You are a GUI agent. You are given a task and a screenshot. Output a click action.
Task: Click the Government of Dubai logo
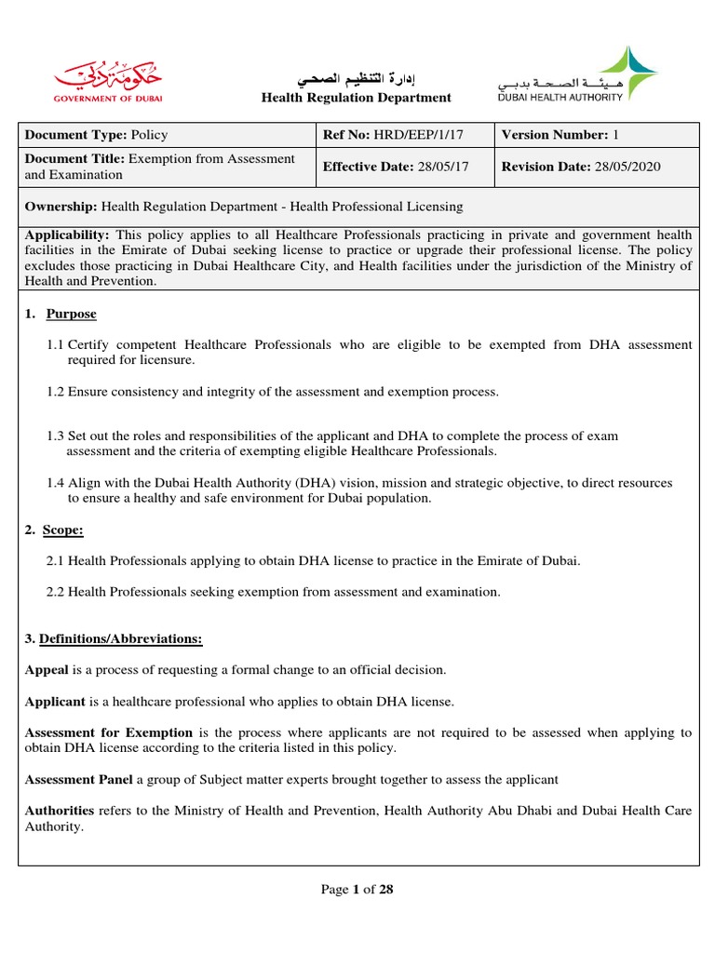[x=93, y=78]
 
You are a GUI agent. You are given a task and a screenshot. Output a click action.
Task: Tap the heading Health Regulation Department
[x=356, y=98]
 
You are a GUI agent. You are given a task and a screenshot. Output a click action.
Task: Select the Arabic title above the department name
[x=356, y=76]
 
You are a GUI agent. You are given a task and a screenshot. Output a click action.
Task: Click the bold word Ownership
[x=61, y=207]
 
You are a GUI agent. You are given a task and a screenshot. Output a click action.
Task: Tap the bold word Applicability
[x=67, y=235]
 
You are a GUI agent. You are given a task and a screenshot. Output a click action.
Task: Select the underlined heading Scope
[x=62, y=530]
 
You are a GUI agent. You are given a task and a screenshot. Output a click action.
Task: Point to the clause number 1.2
[x=55, y=392]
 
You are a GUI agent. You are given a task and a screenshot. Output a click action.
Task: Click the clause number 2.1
[x=55, y=560]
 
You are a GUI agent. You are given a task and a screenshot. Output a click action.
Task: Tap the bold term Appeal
[x=45, y=669]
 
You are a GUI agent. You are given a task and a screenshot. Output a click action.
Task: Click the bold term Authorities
[x=59, y=811]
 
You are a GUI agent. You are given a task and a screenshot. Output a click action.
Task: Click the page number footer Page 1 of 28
[x=357, y=889]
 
